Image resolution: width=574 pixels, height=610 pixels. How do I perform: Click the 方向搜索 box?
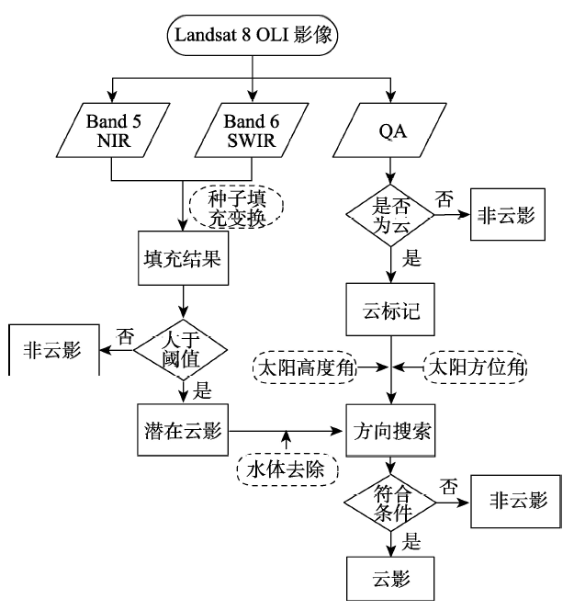point(393,428)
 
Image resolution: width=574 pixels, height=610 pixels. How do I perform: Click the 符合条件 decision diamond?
point(393,504)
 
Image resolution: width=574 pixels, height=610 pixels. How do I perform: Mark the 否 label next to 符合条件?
point(449,484)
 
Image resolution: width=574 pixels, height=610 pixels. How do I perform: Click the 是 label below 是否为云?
point(412,260)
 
